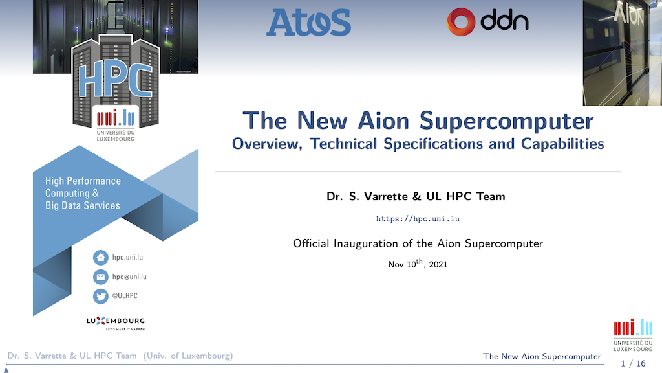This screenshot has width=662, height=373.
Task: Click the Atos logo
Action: tap(308, 23)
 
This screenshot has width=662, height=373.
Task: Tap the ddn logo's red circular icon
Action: tap(460, 21)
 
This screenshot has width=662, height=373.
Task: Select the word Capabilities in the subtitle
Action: tap(562, 144)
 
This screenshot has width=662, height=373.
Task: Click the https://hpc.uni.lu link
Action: tap(418, 219)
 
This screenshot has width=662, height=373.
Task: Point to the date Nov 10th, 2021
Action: tap(418, 264)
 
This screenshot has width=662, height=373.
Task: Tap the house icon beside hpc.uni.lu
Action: tap(100, 257)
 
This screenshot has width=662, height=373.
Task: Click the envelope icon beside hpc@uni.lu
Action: tap(100, 277)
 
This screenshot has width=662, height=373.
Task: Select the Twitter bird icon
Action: tap(100, 296)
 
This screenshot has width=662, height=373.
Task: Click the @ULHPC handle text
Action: tap(125, 295)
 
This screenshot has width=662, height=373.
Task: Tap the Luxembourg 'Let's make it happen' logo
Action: tap(116, 323)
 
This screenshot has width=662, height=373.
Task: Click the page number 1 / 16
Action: tap(633, 363)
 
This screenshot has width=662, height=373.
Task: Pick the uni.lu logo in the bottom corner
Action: tap(633, 335)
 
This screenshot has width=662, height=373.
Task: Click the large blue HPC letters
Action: tap(115, 80)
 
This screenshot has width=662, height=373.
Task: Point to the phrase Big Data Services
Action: tap(83, 205)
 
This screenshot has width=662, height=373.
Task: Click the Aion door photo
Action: tap(623, 53)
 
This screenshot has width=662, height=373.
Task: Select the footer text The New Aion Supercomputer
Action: tap(542, 357)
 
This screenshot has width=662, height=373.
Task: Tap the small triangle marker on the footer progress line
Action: tap(6, 370)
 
